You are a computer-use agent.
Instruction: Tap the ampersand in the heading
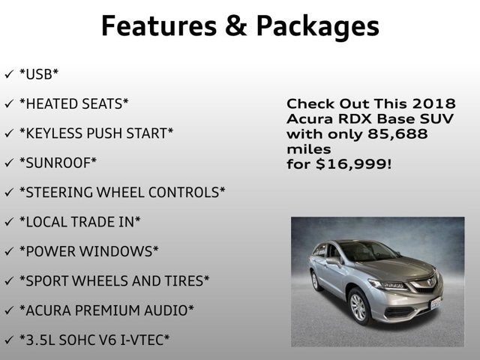tap(230, 26)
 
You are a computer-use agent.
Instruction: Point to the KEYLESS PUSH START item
tap(96, 133)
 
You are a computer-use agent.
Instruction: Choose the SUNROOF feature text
tap(58, 163)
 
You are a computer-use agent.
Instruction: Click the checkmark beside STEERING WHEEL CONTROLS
tap(9, 192)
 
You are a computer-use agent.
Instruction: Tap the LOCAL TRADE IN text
tap(79, 222)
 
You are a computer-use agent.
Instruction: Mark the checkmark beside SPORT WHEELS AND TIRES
tap(9, 280)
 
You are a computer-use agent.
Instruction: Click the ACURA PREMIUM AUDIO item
tap(106, 310)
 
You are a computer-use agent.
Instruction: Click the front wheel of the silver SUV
tap(358, 307)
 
